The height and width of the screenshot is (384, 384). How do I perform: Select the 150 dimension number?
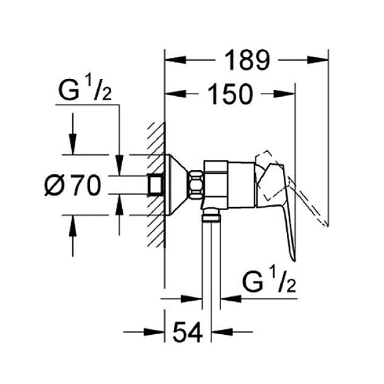click(x=230, y=94)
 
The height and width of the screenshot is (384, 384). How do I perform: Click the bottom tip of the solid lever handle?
click(x=294, y=258)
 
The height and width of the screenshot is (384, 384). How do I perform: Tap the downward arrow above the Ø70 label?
click(x=73, y=146)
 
